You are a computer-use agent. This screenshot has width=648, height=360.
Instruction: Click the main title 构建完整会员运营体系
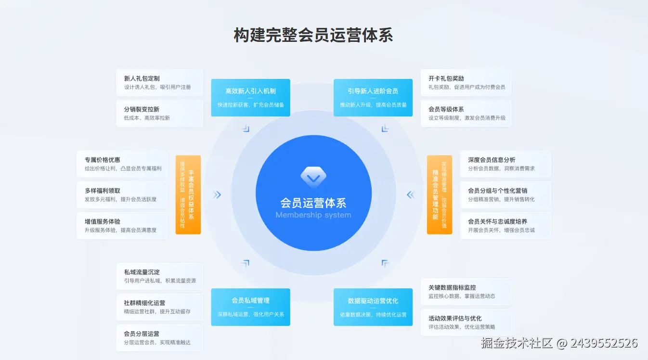[x=313, y=36]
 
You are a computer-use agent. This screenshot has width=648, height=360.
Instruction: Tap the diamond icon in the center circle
[x=313, y=176]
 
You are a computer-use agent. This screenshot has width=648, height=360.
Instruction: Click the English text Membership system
[x=313, y=215]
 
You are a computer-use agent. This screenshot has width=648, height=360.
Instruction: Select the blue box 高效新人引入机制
[x=250, y=98]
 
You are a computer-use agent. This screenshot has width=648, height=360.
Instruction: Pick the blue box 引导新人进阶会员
[x=373, y=98]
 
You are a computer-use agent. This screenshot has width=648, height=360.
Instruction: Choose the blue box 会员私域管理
[x=250, y=307]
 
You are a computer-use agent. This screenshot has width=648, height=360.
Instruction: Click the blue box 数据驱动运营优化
[x=373, y=307]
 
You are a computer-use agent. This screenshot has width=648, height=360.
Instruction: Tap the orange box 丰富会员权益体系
[x=188, y=194]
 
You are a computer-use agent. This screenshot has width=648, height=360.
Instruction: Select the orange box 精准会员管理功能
[x=439, y=194]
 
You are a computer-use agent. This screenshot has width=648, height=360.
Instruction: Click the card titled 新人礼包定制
[x=159, y=82]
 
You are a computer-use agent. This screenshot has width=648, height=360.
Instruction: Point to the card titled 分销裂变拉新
[x=159, y=113]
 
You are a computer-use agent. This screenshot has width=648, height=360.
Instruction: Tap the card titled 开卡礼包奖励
[x=466, y=82]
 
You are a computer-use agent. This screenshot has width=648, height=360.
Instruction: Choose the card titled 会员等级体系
[x=466, y=113]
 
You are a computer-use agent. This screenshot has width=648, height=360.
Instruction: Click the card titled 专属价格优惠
[x=122, y=164]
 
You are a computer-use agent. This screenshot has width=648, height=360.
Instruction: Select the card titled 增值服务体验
[x=122, y=226]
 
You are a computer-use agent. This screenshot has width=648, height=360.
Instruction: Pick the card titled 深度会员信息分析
[x=505, y=164]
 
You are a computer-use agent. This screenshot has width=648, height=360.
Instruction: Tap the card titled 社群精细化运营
[x=159, y=307]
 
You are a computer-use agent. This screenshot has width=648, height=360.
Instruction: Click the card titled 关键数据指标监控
[x=466, y=291]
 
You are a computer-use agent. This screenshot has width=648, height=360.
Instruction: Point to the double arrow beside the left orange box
[x=217, y=194]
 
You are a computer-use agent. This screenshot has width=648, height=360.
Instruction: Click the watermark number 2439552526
[x=604, y=343]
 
